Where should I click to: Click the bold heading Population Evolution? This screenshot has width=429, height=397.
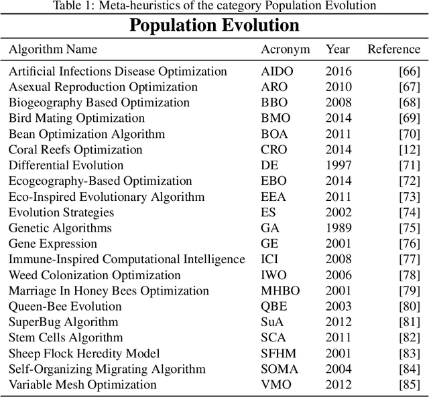pos(214,25)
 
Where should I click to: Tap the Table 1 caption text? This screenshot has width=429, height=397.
pos(214,6)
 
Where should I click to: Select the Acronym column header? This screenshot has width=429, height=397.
pos(286,50)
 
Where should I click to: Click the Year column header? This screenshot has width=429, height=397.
pos(338,50)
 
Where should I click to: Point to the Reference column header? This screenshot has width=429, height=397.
pos(393,50)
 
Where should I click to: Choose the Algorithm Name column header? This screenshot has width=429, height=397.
pos(53,50)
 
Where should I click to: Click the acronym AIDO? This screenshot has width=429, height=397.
pos(277,72)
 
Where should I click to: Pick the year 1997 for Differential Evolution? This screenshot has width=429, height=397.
pos(338,165)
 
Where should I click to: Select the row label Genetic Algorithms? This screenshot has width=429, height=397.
pos(60,228)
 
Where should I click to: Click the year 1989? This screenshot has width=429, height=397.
pos(338,228)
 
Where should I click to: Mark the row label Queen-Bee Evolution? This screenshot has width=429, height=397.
pos(65,307)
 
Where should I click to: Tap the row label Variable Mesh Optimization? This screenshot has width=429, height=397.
pos(82,385)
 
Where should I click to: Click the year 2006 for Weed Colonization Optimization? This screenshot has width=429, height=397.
pos(338,275)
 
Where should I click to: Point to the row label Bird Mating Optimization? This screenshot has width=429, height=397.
pos(67,118)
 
